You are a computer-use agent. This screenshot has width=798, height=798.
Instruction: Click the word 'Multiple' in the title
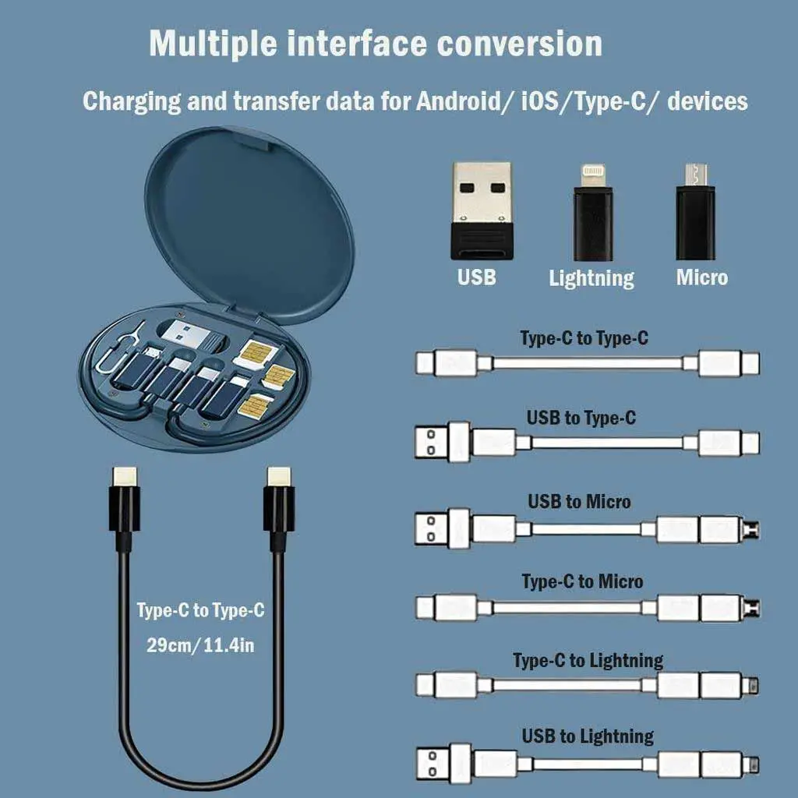point(211,44)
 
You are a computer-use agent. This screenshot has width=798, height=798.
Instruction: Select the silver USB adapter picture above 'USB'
point(481,210)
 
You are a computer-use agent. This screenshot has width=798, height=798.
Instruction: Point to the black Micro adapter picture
point(694,212)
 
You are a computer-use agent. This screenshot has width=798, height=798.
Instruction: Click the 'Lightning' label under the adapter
point(591,278)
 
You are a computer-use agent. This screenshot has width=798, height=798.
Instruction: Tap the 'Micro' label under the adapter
point(701,277)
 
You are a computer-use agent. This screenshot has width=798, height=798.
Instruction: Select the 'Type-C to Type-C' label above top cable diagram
point(584,338)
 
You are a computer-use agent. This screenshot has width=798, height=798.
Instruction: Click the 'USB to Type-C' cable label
point(581,418)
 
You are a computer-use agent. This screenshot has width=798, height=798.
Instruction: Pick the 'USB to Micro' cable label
point(579,500)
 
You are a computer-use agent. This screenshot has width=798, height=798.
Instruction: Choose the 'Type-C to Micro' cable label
point(582,581)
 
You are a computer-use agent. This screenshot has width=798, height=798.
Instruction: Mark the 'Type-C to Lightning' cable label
point(588,661)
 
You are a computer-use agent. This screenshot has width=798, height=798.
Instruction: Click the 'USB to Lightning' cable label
point(588,736)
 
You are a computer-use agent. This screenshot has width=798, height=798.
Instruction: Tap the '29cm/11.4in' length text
point(201,645)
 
